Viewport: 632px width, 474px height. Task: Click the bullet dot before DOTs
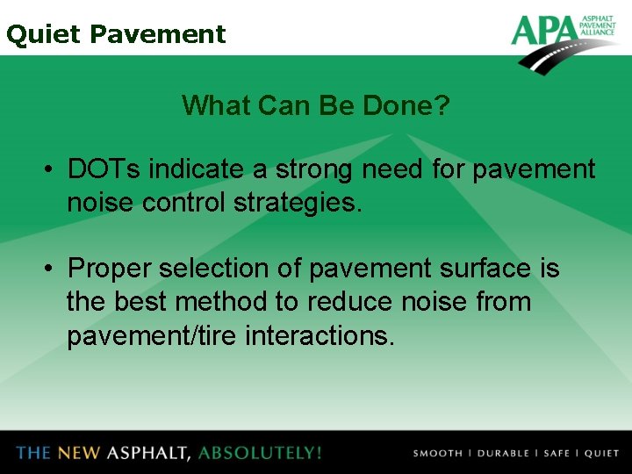coord(53,169)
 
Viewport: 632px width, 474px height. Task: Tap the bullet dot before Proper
coord(53,269)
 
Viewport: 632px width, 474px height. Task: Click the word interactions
coord(320,335)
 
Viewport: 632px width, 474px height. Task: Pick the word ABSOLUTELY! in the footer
coord(261,453)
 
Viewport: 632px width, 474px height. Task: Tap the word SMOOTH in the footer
coord(437,454)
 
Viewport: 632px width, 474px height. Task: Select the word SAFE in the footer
coord(556,454)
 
